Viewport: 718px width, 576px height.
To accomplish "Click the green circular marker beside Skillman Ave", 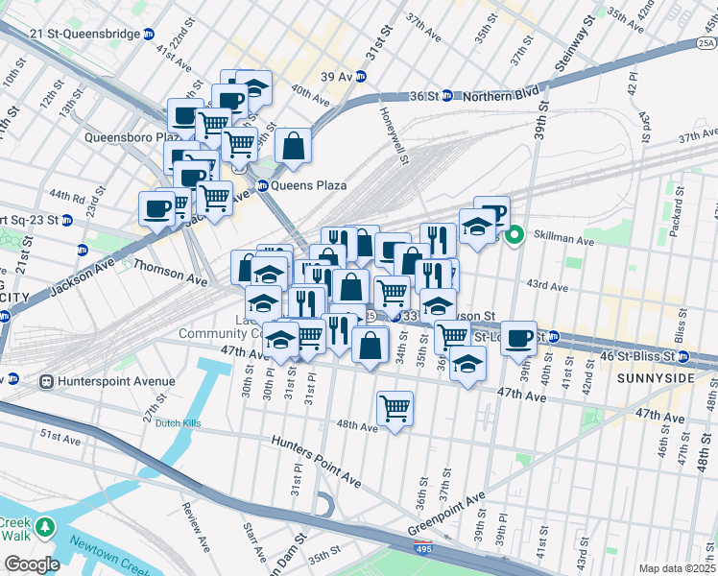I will coord(515,233).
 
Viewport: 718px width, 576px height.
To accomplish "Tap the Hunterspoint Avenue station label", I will coord(116,381).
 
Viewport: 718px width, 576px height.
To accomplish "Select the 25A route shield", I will coord(706,43).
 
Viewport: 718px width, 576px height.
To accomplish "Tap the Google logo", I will coord(32,564).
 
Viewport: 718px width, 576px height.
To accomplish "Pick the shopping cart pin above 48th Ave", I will coord(395,408).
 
